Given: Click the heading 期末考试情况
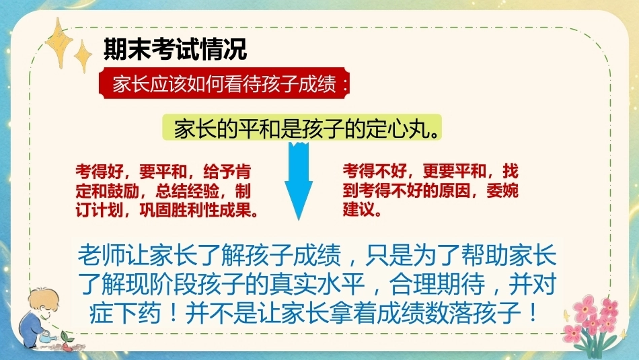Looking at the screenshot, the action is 176,50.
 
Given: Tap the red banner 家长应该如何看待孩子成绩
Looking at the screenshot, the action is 225,83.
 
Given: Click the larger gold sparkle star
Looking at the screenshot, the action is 59,42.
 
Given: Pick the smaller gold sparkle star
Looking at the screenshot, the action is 83,57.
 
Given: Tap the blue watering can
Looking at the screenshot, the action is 47,336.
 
